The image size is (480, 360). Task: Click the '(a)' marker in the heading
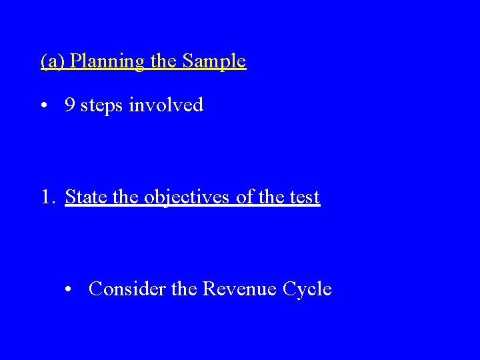[x=53, y=62]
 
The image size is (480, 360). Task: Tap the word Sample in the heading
[x=214, y=62]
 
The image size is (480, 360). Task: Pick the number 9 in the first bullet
[x=69, y=105]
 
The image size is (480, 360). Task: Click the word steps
[x=102, y=106]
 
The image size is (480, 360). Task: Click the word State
[x=83, y=197]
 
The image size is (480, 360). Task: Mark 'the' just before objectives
[x=119, y=197]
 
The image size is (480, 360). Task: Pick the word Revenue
[x=240, y=289]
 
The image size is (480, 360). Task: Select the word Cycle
[x=307, y=290]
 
